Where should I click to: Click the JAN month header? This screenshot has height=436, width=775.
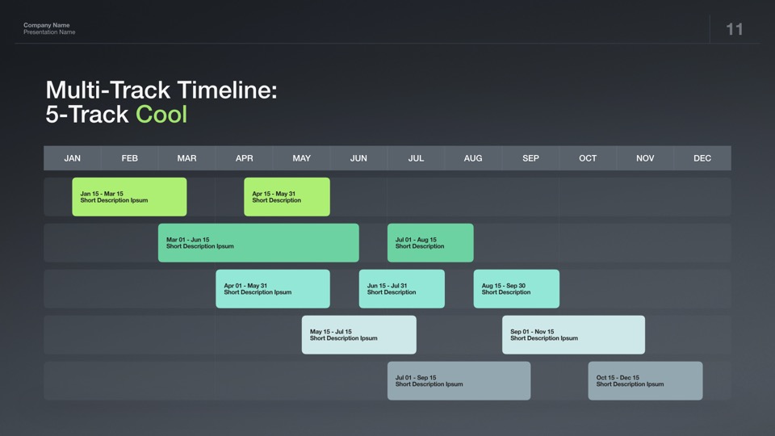click(72, 158)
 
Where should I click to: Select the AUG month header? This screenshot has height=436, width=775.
click(473, 158)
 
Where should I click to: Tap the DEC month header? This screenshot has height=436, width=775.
click(702, 158)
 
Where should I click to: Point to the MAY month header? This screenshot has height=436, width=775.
click(301, 158)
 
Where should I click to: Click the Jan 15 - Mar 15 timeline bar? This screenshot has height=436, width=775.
click(129, 197)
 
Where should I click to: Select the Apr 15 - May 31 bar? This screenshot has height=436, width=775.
click(287, 197)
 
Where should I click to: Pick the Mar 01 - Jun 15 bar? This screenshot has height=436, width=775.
click(258, 243)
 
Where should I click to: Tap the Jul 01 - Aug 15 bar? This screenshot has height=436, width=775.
click(430, 243)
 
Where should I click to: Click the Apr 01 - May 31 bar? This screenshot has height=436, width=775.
click(273, 289)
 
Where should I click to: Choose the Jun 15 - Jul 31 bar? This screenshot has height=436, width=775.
click(402, 289)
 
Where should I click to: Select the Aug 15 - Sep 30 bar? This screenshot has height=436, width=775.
click(517, 289)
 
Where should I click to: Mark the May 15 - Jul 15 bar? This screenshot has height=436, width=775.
click(358, 334)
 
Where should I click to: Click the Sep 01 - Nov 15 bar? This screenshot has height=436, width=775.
click(573, 334)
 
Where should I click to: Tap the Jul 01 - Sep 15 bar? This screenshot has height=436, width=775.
click(459, 380)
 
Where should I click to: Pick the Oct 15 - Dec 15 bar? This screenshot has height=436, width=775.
click(646, 380)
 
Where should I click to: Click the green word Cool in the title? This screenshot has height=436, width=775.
click(161, 114)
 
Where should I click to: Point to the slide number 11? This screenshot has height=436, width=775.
click(735, 29)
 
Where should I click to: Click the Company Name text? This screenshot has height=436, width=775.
click(47, 25)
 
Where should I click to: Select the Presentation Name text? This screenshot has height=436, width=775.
click(49, 32)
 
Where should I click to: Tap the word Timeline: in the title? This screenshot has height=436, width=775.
click(228, 90)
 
